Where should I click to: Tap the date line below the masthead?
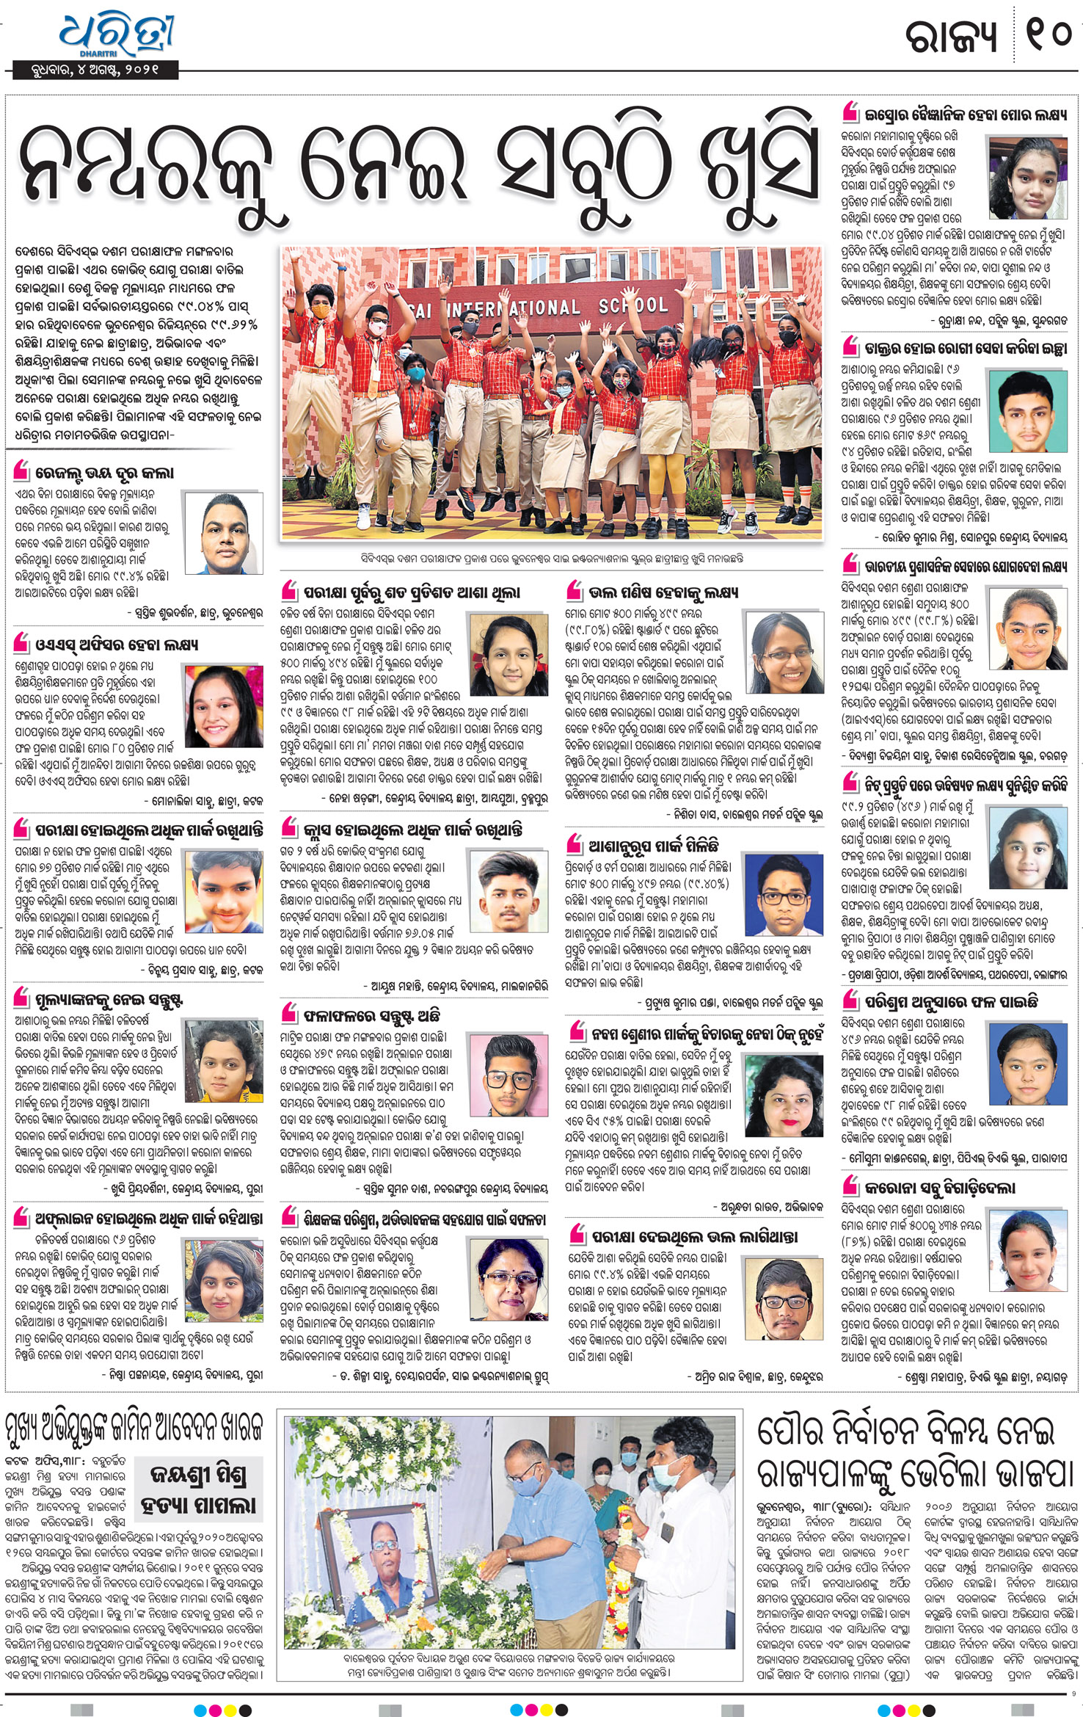tap(95, 71)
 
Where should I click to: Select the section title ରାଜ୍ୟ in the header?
tap(949, 35)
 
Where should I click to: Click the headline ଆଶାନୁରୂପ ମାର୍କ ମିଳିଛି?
tap(653, 846)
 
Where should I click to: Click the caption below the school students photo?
tap(552, 559)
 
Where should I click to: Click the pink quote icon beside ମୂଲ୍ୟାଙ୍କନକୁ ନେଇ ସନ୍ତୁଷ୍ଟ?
tap(22, 1001)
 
